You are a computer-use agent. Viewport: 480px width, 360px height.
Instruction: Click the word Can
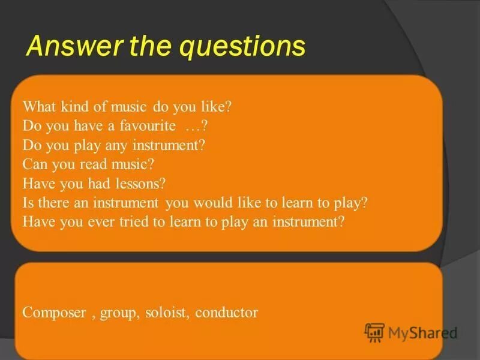click(x=34, y=164)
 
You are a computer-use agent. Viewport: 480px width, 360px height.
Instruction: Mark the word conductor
click(x=226, y=313)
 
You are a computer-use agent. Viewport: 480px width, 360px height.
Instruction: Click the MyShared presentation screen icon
click(x=375, y=332)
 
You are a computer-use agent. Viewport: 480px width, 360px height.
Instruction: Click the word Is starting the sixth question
click(x=28, y=202)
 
